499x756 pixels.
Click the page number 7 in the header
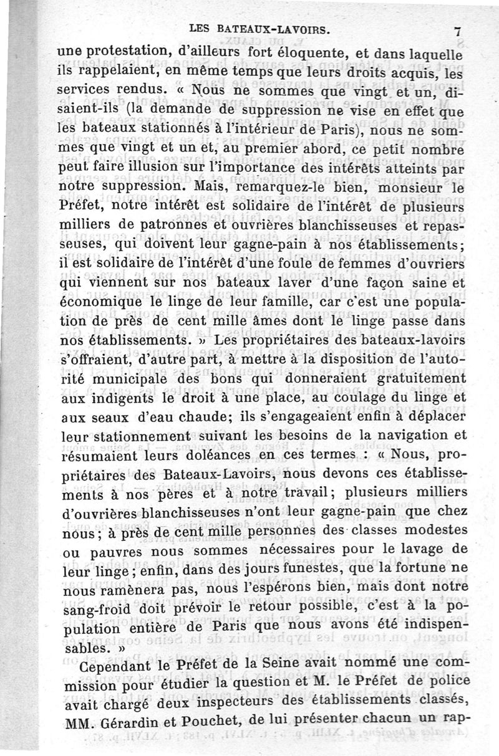[458, 31]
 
